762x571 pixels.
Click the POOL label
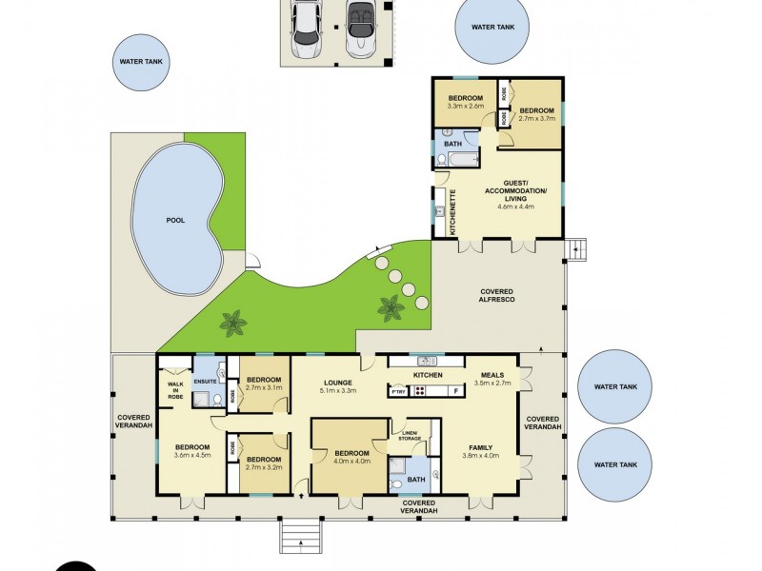[x=174, y=220]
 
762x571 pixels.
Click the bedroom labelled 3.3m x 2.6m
[x=466, y=104]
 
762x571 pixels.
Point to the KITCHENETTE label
[x=452, y=212]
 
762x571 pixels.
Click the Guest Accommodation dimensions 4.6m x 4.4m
[x=515, y=206]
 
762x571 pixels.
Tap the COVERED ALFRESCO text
[x=496, y=295]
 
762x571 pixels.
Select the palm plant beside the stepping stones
[x=391, y=307]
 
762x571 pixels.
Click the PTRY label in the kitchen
[x=399, y=391]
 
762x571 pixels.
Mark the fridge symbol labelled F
[x=456, y=391]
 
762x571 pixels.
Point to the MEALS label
[x=492, y=374]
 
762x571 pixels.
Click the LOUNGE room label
[x=338, y=382]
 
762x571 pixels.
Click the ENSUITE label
[x=206, y=382]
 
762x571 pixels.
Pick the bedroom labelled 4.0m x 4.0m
[x=351, y=459]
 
